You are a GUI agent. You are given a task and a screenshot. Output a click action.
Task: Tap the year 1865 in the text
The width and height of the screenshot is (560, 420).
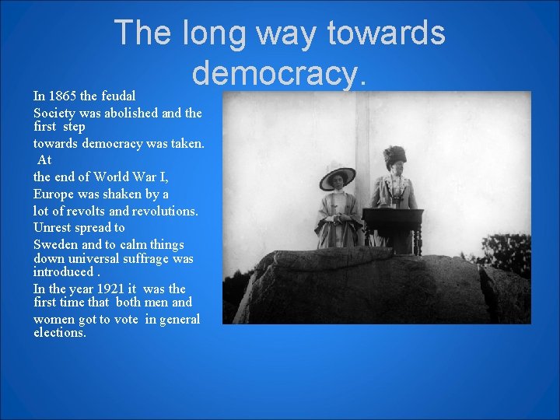coord(61,96)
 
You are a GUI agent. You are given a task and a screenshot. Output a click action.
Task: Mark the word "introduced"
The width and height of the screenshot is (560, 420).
coord(63,272)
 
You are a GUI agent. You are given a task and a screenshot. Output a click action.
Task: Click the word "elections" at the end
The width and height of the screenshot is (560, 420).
coord(59,333)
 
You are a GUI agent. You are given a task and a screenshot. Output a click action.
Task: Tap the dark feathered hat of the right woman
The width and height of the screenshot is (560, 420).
coord(394,155)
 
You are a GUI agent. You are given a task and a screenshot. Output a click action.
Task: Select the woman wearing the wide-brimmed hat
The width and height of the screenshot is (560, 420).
coord(338,210)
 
